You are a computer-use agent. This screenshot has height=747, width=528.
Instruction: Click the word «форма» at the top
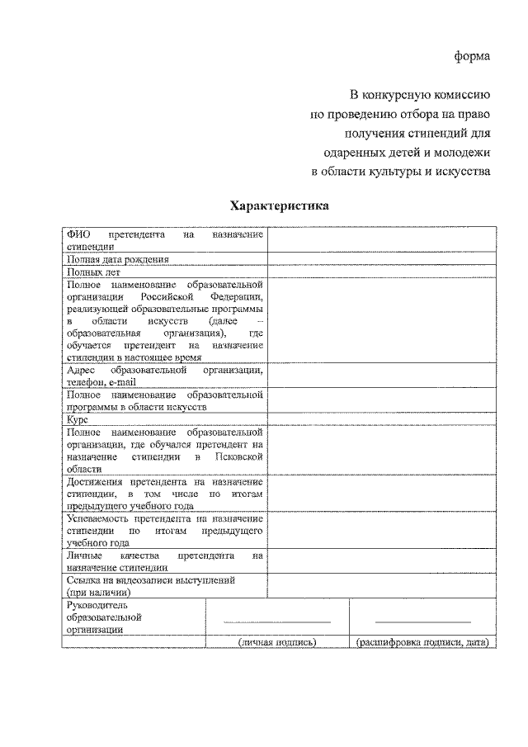click(x=472, y=56)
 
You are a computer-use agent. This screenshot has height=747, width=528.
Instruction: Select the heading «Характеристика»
click(x=278, y=205)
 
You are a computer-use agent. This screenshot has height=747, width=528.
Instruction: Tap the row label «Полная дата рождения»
click(x=118, y=258)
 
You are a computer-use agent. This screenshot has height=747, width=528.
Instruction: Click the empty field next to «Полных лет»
click(x=380, y=271)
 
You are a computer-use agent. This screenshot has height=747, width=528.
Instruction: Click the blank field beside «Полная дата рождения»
click(x=380, y=258)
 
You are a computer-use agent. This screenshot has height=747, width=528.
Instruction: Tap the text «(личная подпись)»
click(x=277, y=641)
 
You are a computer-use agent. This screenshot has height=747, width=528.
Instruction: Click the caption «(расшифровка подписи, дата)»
click(x=422, y=641)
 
